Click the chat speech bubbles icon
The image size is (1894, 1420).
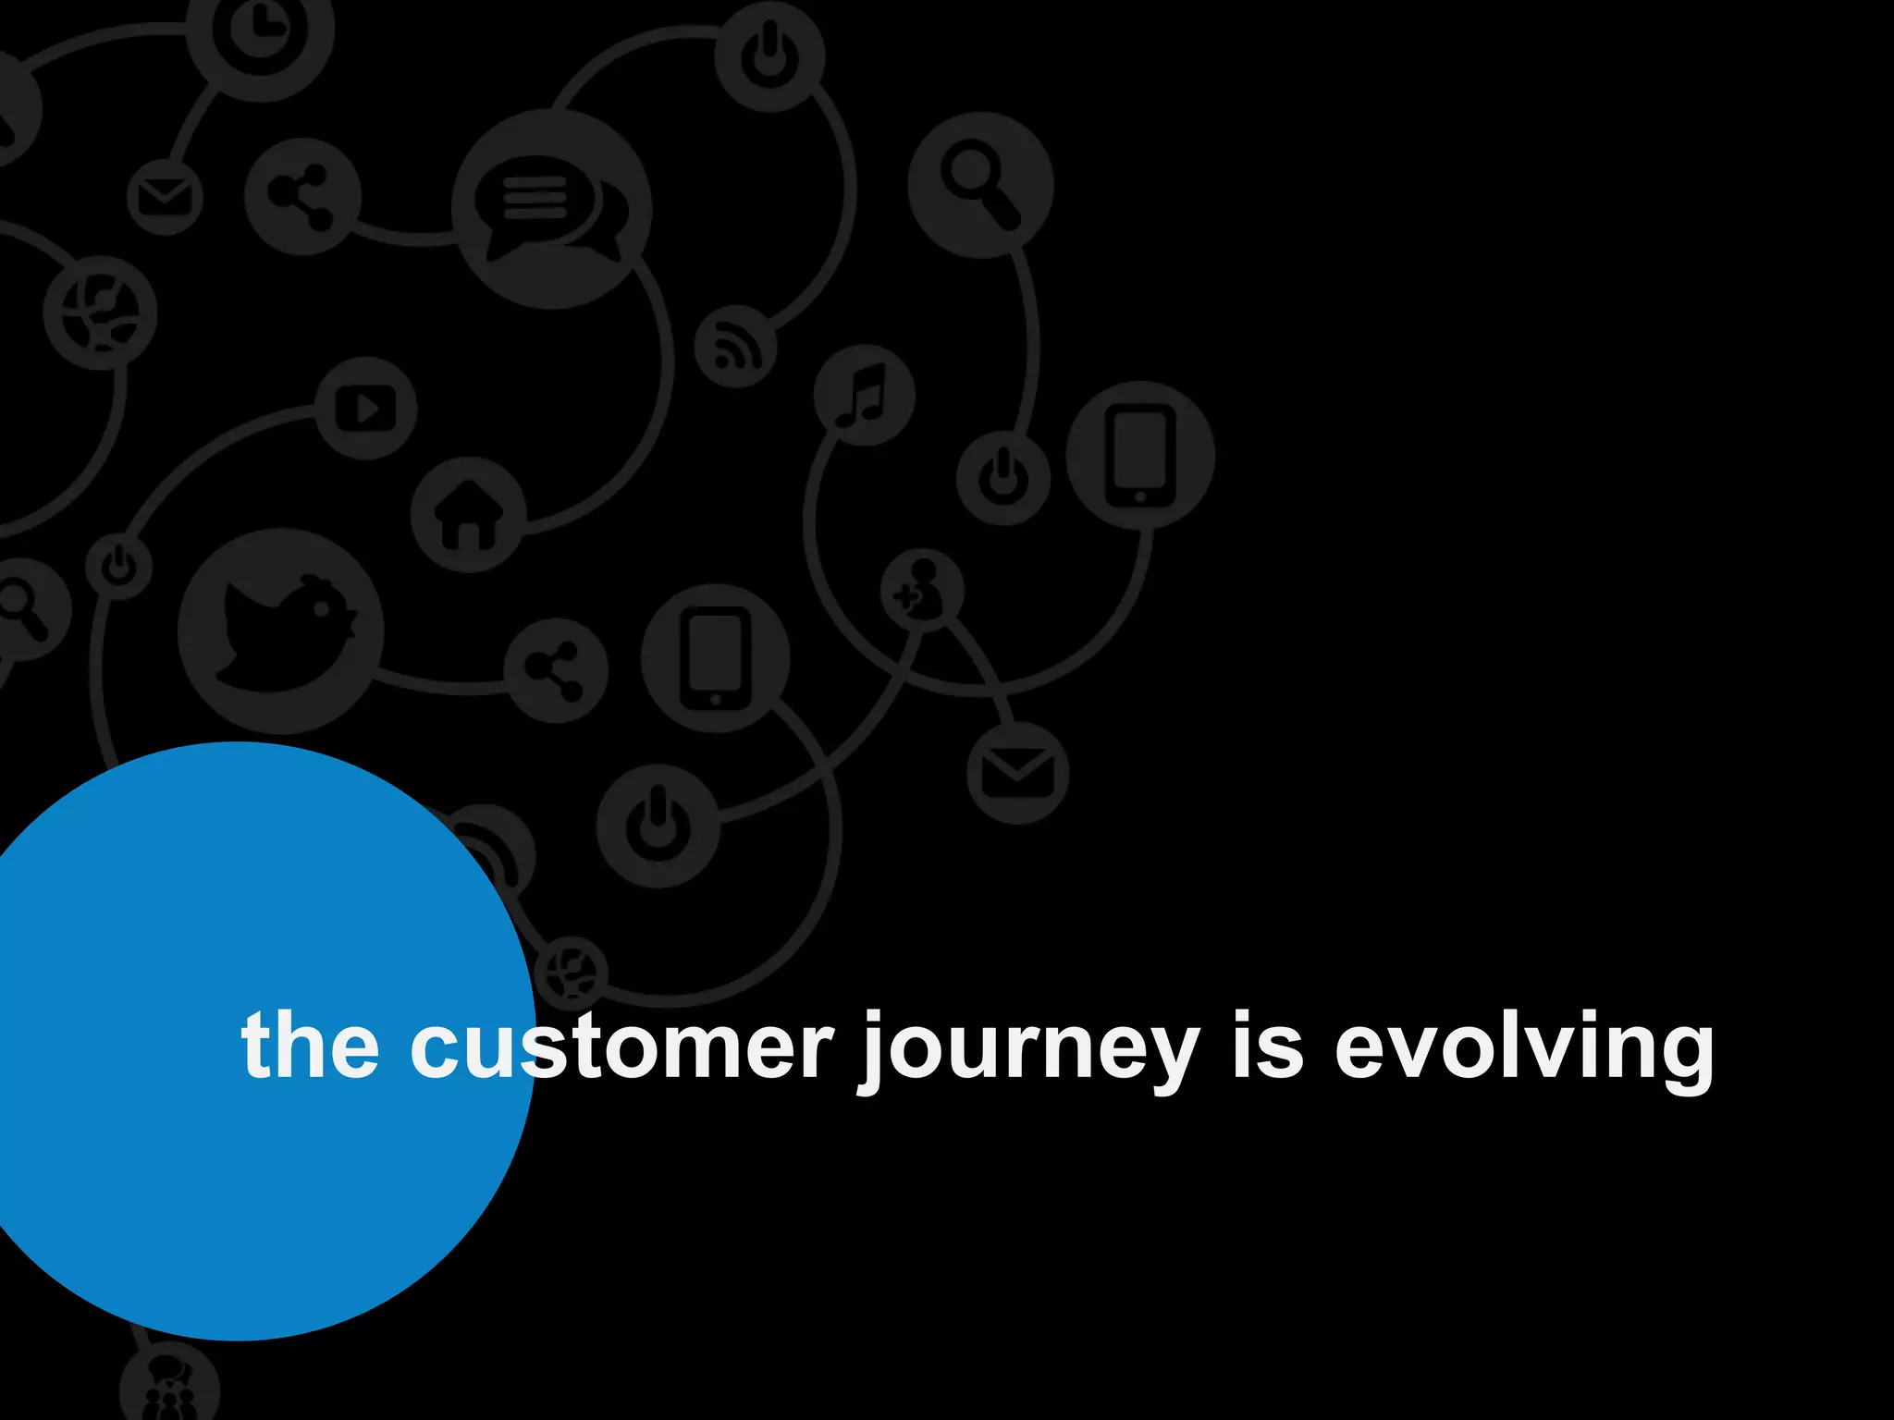[551, 209]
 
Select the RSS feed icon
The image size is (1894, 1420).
[736, 346]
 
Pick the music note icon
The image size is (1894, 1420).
[864, 395]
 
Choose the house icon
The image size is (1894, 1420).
[469, 514]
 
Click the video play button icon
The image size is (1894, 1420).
[366, 408]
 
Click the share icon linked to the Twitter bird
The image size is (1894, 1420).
[556, 670]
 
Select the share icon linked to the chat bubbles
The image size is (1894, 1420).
[302, 197]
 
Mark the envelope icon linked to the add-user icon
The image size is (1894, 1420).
[1017, 773]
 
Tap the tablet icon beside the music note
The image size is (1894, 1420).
[1140, 455]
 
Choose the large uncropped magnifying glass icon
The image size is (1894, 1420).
[980, 185]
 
